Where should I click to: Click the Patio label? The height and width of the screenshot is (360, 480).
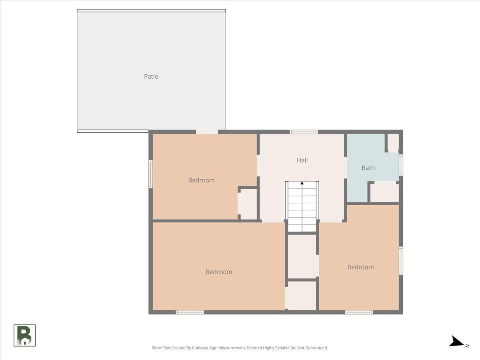coord(151,76)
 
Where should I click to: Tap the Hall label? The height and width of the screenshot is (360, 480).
coord(302,160)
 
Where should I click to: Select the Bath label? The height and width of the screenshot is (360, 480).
coord(368,168)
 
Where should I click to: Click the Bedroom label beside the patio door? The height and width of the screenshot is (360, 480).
coord(202,180)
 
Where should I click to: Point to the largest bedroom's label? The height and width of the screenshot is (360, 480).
coord(219,272)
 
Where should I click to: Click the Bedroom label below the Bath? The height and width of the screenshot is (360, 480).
coord(360,267)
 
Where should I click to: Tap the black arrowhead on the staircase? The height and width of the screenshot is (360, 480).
coord(302,183)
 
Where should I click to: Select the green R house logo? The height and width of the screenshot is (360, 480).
coord(24,335)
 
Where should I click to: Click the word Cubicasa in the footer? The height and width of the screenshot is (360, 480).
coord(200,348)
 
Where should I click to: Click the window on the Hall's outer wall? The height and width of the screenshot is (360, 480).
coord(304,132)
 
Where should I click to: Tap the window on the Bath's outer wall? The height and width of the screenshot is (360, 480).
coord(401,165)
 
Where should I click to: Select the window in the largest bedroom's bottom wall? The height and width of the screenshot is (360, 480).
coord(190,312)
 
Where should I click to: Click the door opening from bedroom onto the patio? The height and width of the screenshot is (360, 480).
coord(207,132)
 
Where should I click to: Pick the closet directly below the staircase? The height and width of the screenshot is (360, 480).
coord(302,256)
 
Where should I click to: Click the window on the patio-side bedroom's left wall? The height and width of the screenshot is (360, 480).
coord(151,174)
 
